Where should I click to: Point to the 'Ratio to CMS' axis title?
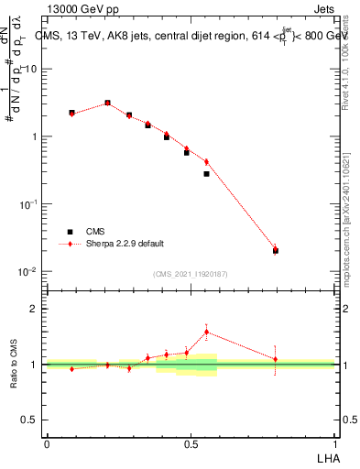pos(14,365)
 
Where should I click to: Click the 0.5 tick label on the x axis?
pos(191,442)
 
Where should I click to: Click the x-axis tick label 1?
pos(335,442)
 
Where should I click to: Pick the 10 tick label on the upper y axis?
pos(31,70)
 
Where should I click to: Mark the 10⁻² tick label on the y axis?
pos(29,272)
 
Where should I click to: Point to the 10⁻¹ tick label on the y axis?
pos(29,204)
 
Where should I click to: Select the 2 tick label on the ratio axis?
pos(33,309)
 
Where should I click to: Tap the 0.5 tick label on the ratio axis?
pos(30,420)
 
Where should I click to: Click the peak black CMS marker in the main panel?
pos(107,104)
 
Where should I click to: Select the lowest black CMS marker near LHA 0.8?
pos(276,250)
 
